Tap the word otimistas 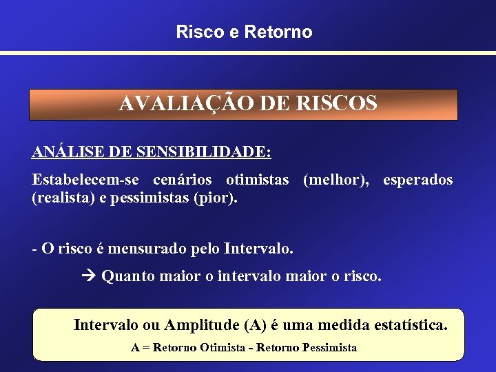tap(258, 180)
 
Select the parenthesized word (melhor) tap(335, 180)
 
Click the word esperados tap(418, 180)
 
